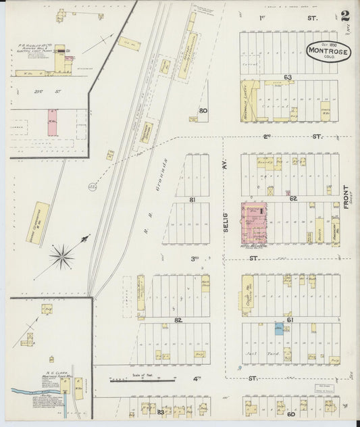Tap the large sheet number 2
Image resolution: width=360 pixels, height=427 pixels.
click(345, 16)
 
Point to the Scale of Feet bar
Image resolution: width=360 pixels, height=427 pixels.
click(142, 381)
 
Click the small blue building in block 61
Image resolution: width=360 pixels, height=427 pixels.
click(278, 330)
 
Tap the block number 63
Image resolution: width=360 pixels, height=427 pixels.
click(287, 78)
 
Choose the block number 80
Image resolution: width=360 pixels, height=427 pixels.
click(202, 111)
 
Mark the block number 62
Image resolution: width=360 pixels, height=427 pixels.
click(292, 199)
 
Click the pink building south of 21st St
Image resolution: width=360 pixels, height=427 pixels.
click(51, 124)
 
